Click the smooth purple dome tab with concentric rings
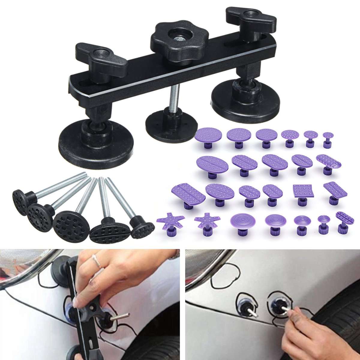click(241, 221)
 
